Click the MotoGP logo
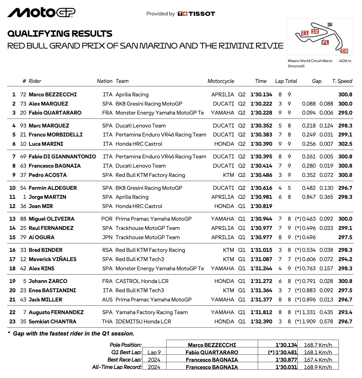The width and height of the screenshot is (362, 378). (x=41, y=13)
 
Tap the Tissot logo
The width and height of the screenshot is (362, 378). (x=196, y=14)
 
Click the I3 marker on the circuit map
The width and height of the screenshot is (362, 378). (x=344, y=51)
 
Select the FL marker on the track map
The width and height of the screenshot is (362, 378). (x=325, y=42)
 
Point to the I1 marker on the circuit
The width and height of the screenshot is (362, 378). (x=305, y=33)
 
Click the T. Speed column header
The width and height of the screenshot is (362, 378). (x=342, y=81)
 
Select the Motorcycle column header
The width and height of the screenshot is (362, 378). (x=221, y=81)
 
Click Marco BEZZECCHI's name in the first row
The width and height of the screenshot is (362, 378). (x=53, y=94)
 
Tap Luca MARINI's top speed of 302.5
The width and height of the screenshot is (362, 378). (x=345, y=144)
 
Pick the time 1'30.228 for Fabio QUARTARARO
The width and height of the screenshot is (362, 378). (x=261, y=113)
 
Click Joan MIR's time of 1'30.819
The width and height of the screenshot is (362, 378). (x=261, y=206)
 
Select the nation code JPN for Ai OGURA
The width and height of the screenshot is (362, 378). (x=107, y=237)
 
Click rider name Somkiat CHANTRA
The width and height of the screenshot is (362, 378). (x=52, y=322)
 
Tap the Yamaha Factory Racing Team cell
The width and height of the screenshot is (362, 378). (x=151, y=312)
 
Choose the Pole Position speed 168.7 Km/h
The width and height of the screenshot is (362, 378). (x=318, y=345)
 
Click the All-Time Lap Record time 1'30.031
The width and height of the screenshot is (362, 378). (x=286, y=367)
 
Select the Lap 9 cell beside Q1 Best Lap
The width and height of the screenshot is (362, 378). (x=154, y=352)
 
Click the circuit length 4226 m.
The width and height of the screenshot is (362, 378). (x=345, y=61)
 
